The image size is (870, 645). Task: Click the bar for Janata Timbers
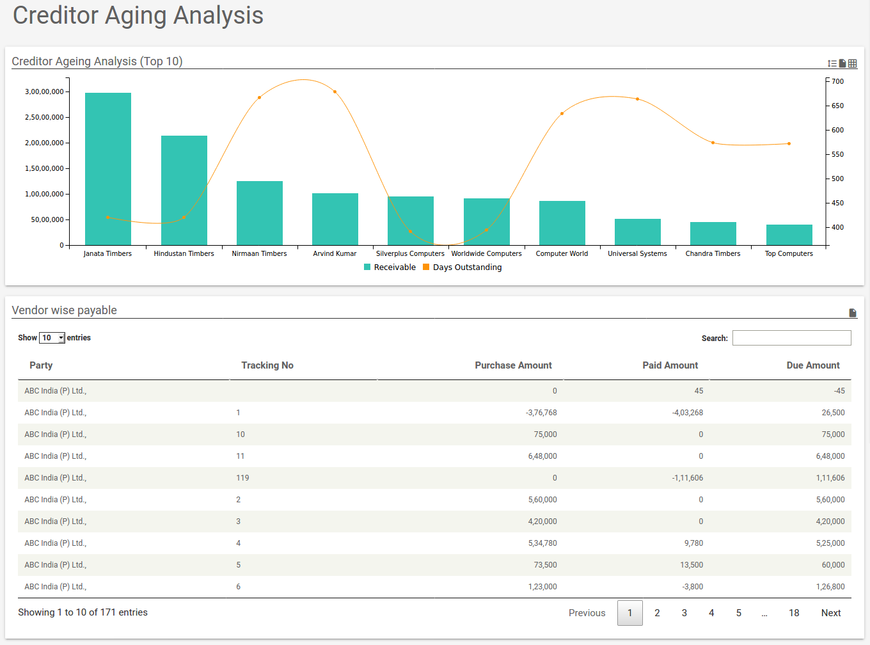(108, 169)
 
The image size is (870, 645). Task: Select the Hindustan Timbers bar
(184, 190)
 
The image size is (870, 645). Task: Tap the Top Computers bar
(789, 235)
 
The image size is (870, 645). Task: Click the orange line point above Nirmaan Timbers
(259, 98)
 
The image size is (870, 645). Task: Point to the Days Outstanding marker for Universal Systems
(637, 99)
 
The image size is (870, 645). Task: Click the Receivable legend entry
(390, 267)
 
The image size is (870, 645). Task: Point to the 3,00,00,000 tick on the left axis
(44, 92)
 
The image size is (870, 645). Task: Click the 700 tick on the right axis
(837, 81)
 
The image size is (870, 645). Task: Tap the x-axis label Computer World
(562, 253)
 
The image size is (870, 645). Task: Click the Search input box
(791, 338)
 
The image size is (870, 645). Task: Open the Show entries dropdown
(52, 338)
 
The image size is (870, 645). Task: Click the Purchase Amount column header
(513, 365)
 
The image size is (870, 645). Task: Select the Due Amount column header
(812, 365)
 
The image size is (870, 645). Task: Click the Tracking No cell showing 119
(242, 478)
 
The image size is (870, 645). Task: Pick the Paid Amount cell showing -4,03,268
(687, 413)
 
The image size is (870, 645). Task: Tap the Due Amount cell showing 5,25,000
(830, 543)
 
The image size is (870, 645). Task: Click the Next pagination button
(830, 613)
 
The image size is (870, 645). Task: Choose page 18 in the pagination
(794, 613)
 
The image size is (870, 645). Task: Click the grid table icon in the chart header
(853, 63)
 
